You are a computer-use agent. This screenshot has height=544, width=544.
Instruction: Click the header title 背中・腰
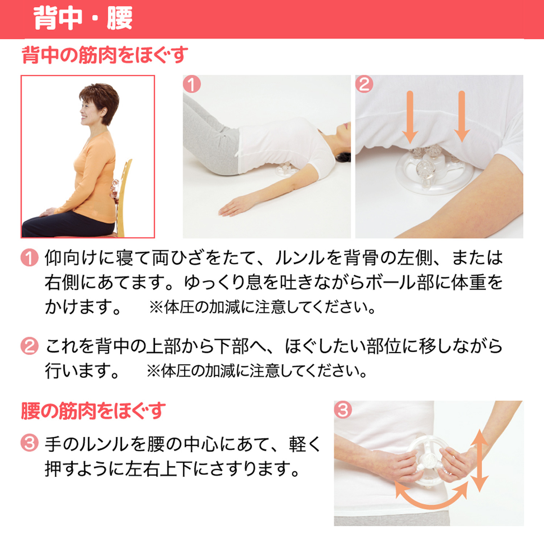(83, 18)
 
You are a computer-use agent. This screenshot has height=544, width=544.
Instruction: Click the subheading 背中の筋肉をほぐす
(105, 55)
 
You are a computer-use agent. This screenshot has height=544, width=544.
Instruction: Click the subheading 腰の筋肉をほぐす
(93, 411)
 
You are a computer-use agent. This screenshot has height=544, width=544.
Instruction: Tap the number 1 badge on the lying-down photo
(192, 84)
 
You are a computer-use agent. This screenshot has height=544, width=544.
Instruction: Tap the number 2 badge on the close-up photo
(364, 84)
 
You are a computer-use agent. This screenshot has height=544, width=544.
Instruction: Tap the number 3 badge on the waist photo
(343, 410)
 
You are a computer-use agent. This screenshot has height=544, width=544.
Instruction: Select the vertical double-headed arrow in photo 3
(479, 461)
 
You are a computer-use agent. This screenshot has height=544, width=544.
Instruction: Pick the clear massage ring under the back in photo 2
(435, 174)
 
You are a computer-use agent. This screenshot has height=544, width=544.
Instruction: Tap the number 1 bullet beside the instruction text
(29, 258)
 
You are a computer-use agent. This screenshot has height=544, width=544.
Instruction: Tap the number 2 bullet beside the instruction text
(29, 346)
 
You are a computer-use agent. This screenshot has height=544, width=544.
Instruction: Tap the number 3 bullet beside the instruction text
(29, 443)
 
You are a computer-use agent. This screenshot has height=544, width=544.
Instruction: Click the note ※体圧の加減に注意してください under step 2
(257, 371)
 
